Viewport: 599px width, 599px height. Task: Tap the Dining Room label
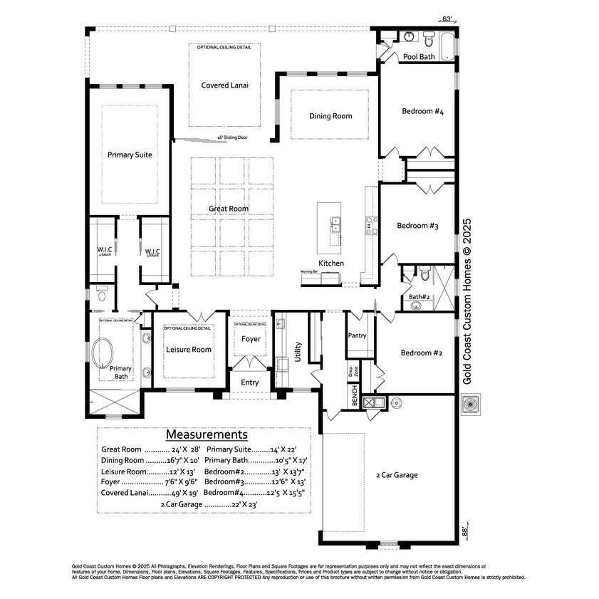(330, 116)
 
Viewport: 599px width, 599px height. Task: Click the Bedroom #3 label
(417, 226)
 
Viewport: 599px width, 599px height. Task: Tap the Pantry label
(357, 335)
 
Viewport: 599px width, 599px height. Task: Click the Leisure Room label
(189, 350)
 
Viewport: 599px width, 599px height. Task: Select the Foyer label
(251, 339)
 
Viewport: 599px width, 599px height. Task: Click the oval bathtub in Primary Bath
(105, 353)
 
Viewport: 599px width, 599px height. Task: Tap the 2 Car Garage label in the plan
(397, 475)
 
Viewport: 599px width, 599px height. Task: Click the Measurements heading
(207, 434)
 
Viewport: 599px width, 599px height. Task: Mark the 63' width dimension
(447, 20)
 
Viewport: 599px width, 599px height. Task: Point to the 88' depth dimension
(467, 531)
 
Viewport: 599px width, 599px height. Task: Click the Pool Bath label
(419, 56)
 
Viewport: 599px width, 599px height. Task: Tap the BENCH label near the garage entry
(354, 396)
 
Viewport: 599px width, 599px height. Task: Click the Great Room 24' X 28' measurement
(151, 450)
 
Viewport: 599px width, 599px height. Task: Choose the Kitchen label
(331, 264)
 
